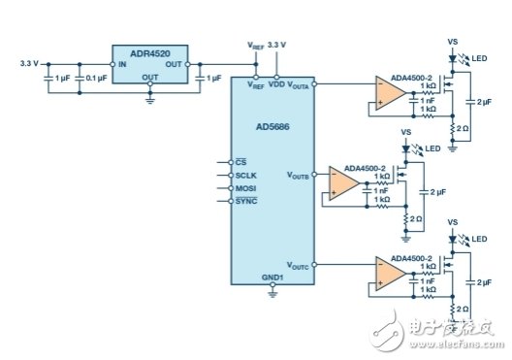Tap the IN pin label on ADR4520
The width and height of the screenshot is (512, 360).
coord(122,64)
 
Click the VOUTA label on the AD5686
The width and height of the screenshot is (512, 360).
coord(297,84)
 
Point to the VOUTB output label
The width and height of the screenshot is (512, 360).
coord(297,176)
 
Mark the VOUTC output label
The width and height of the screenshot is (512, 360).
coord(297,265)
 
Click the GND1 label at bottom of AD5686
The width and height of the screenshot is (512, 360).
coord(272,278)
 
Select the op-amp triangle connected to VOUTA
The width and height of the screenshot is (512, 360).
coord(391,92)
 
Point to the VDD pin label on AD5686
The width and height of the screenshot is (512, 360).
coord(276,84)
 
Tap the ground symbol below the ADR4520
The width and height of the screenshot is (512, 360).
coord(149,98)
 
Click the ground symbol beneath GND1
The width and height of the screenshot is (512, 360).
coord(272,294)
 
